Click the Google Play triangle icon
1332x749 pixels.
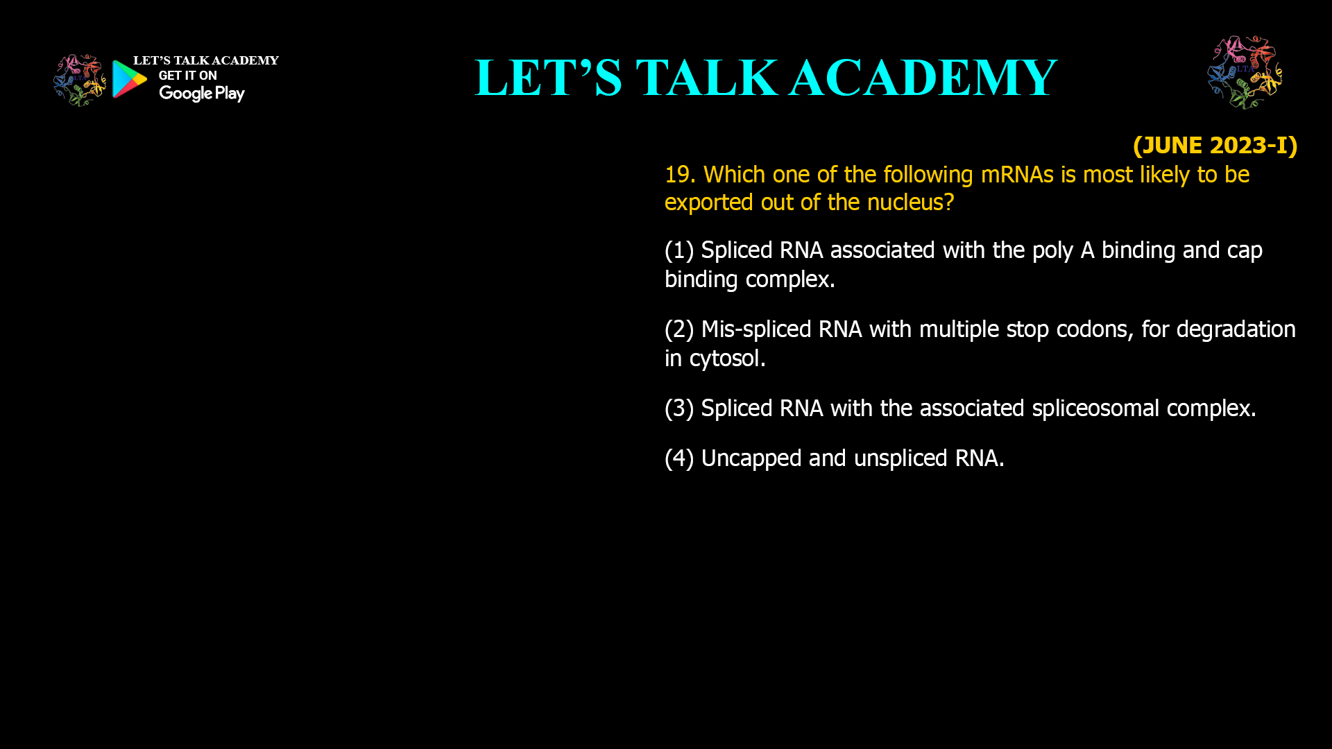click(x=129, y=79)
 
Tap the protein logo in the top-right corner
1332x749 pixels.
click(x=1245, y=72)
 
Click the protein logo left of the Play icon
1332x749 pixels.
click(x=80, y=80)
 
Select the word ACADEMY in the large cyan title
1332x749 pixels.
click(x=923, y=77)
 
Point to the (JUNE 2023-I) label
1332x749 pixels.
click(x=1215, y=145)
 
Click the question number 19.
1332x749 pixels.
click(x=680, y=175)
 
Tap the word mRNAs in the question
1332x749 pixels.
click(x=1017, y=175)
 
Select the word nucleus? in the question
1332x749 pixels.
click(x=910, y=203)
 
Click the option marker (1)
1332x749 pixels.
click(x=679, y=250)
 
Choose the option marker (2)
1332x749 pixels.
click(x=679, y=329)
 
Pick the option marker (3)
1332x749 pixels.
click(x=679, y=408)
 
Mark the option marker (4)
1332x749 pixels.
click(x=679, y=458)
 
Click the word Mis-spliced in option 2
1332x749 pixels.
click(x=756, y=329)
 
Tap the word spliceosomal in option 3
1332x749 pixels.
click(x=1095, y=408)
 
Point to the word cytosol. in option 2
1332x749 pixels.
click(x=727, y=359)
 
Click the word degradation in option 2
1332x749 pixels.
click(x=1236, y=329)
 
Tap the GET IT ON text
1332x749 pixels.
click(x=187, y=76)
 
